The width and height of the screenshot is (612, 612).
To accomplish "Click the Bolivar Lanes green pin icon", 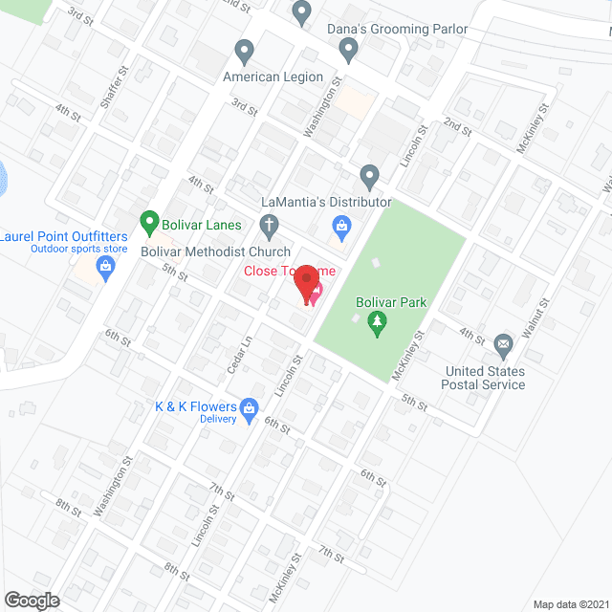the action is click(148, 224).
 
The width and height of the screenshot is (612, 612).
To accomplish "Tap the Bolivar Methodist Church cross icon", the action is click(270, 227).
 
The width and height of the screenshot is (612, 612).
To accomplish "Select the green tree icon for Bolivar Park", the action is click(379, 323).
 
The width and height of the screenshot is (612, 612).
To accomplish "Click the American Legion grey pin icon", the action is click(243, 50).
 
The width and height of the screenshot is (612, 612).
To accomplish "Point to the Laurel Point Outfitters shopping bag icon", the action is click(105, 272).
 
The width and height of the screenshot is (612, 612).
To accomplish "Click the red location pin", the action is click(306, 284).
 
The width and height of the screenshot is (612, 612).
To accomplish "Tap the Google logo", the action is click(31, 600).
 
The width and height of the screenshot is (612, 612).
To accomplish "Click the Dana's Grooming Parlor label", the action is click(397, 30).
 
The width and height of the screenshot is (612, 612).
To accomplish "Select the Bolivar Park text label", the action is click(390, 303).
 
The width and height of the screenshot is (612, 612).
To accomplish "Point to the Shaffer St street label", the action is click(122, 83).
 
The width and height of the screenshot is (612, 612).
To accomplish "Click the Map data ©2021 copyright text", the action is click(569, 602).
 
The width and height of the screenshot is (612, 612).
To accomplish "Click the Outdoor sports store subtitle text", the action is click(78, 250).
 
